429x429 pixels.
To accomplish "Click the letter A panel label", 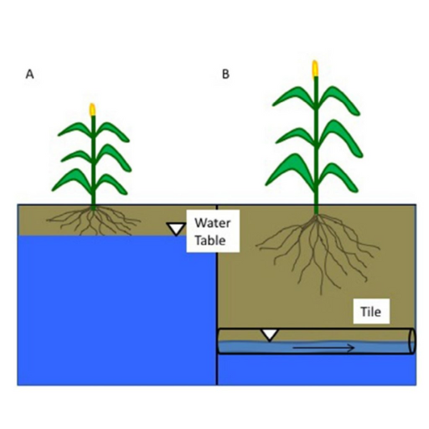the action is (29, 75).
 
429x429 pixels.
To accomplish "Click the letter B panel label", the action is (225, 75).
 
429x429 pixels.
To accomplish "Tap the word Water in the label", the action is (213, 223).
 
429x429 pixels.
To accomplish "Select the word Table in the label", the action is (210, 240).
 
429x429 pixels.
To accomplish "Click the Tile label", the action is (370, 312).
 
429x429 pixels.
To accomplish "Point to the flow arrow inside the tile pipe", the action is (323, 348).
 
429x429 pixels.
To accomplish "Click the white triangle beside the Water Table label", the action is (176, 229).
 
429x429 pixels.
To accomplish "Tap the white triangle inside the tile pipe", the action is (270, 335).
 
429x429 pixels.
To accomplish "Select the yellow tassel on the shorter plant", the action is (92, 110).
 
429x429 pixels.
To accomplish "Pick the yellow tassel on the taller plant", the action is (315, 69).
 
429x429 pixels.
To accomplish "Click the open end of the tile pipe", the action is (412, 341).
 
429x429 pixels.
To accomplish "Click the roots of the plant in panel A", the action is (93, 220).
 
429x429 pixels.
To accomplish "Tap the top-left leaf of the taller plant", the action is (292, 96).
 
